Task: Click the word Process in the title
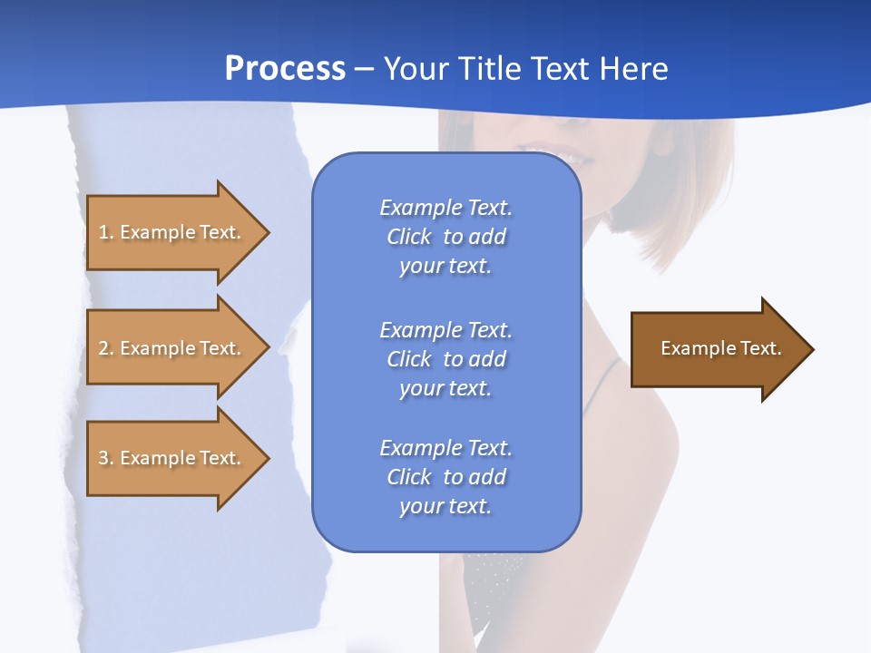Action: click(x=285, y=69)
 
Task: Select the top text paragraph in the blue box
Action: click(x=445, y=237)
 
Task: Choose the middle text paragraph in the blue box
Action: click(x=445, y=359)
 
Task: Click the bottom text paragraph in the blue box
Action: click(x=445, y=477)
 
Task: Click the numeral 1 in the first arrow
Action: click(x=103, y=233)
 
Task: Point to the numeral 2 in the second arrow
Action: click(x=103, y=349)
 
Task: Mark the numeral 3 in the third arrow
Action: click(x=103, y=459)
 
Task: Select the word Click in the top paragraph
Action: click(x=409, y=238)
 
